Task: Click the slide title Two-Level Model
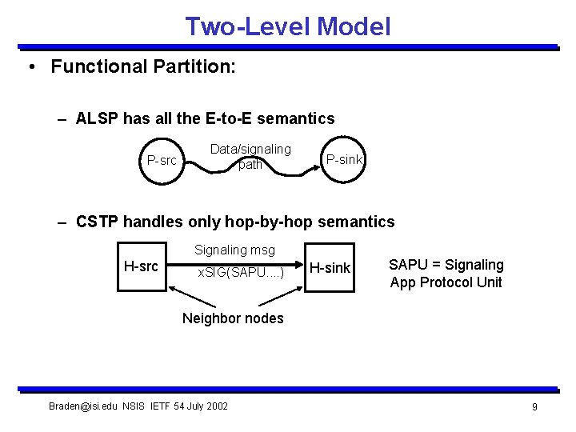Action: click(x=288, y=26)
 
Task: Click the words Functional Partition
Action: click(x=142, y=66)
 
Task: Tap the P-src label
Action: click(x=162, y=160)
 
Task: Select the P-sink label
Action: click(x=344, y=160)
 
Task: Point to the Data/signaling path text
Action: click(x=250, y=157)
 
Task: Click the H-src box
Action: click(x=141, y=266)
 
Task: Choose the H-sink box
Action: click(x=330, y=268)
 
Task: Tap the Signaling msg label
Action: click(x=234, y=250)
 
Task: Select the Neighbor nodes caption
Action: click(x=233, y=318)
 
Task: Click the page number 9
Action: click(x=534, y=407)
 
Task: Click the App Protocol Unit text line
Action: click(x=446, y=282)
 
